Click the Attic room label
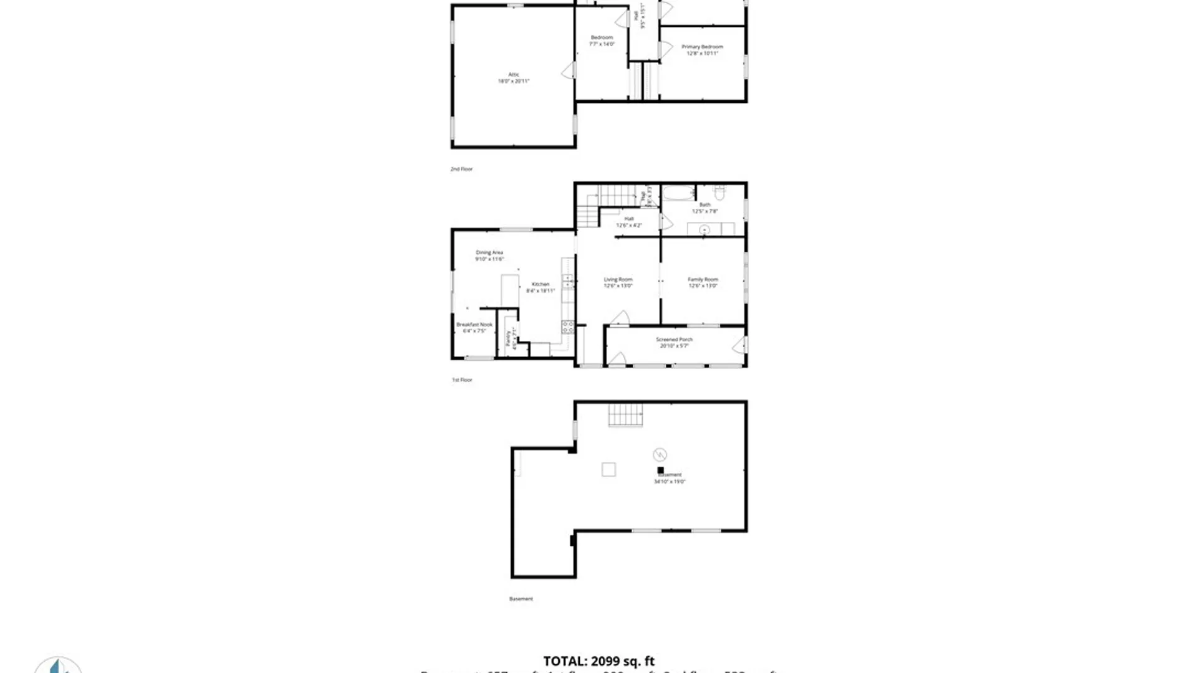tap(513, 75)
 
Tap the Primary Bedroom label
tap(702, 47)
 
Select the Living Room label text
tap(618, 280)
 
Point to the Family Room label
tap(703, 280)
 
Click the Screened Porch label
tap(674, 340)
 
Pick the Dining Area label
tap(489, 252)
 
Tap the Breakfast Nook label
tap(474, 325)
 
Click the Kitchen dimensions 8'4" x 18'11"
tap(541, 291)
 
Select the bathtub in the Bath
tap(678, 193)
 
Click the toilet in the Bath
tap(719, 193)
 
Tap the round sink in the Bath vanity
tap(704, 230)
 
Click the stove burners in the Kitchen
tap(567, 327)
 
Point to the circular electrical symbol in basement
tap(660, 454)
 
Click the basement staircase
tap(625, 415)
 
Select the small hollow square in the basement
tap(608, 469)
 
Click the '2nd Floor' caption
tap(461, 169)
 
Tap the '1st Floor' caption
tap(462, 379)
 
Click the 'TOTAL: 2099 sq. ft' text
tap(598, 661)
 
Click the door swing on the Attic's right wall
tap(569, 70)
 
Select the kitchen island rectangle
tap(509, 290)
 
